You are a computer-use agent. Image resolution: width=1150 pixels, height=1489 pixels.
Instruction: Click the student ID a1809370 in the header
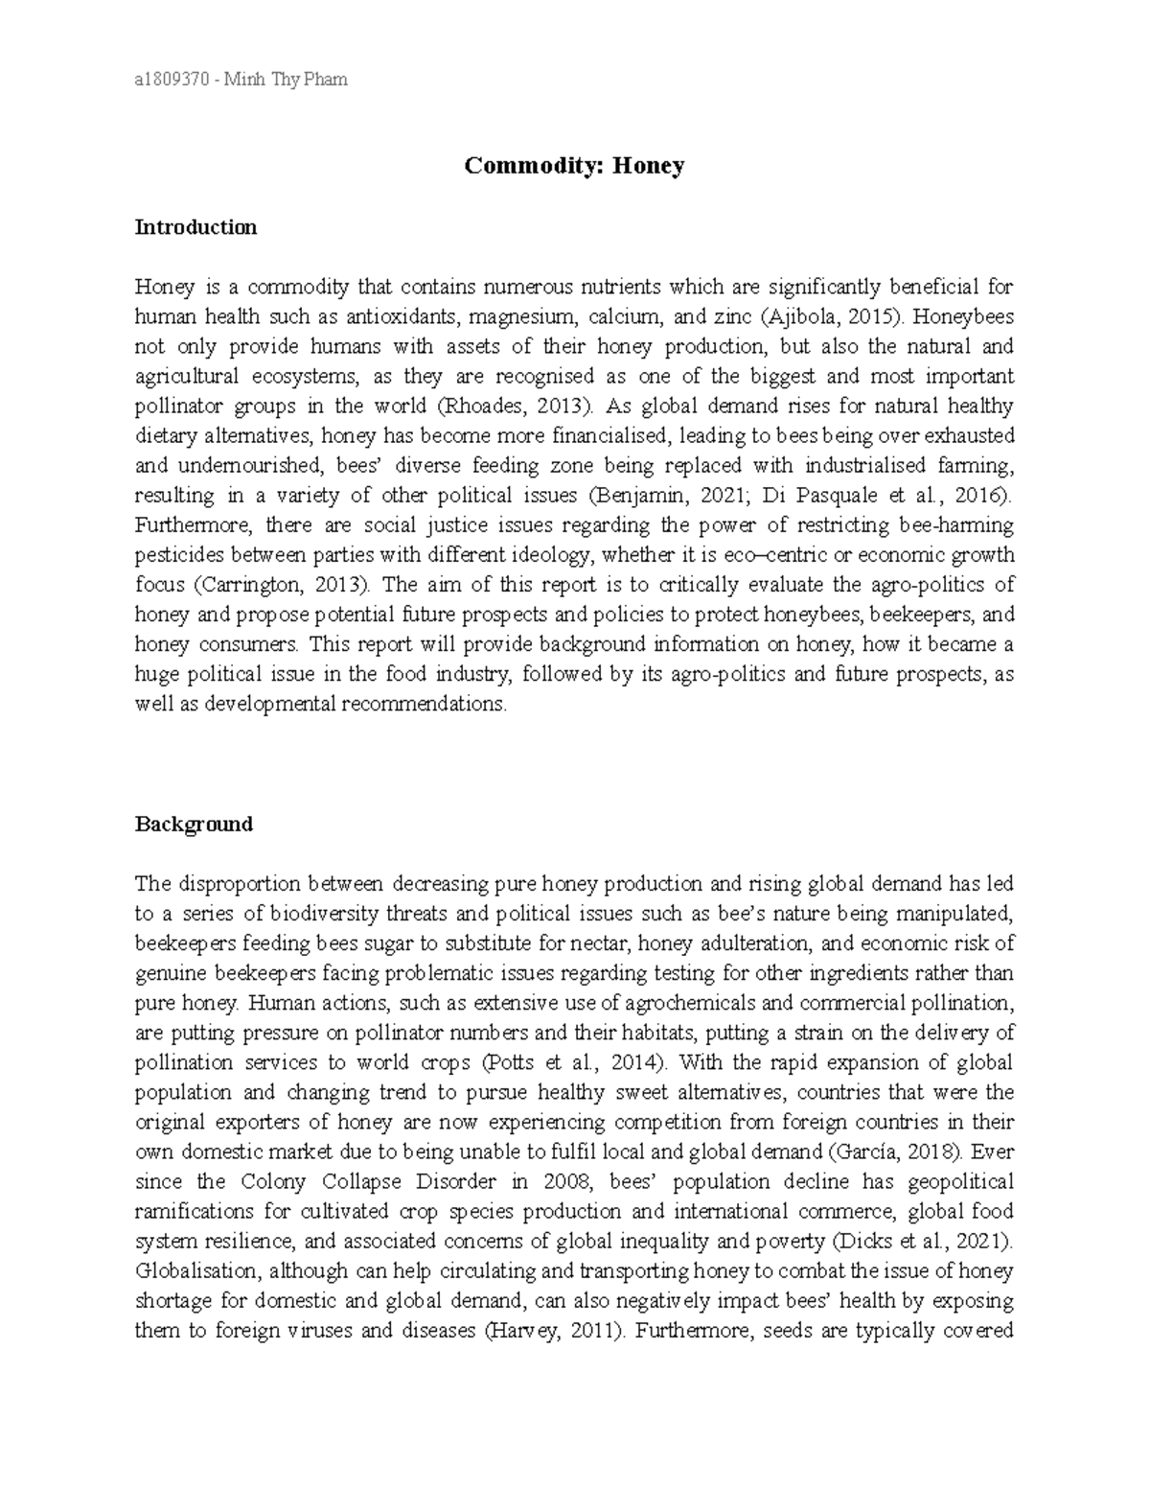coord(172,80)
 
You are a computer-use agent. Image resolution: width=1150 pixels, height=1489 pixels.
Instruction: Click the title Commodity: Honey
coord(574,166)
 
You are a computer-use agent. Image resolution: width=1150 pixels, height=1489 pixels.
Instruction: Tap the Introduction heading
coord(195,227)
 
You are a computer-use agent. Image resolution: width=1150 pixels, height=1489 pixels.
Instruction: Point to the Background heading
coord(194,824)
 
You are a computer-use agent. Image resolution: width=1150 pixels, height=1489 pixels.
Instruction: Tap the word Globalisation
coord(196,1271)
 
